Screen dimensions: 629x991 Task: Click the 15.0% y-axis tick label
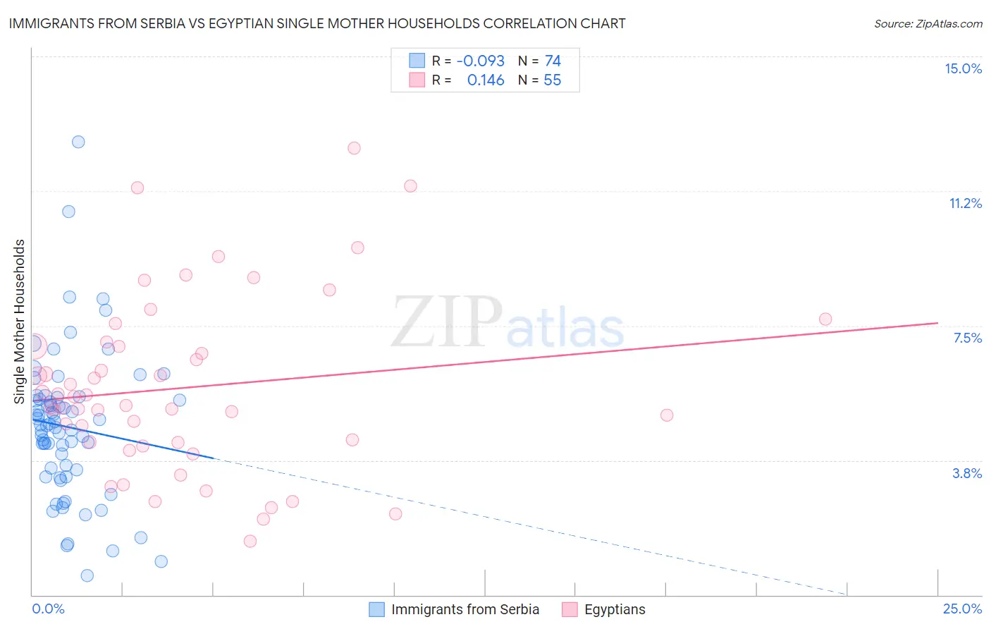963,68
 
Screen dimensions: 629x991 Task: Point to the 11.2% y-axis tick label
965,203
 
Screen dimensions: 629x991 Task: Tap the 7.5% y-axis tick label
967,338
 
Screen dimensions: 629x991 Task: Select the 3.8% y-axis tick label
967,473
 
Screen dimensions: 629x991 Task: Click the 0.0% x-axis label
48,609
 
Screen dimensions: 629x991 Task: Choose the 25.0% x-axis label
962,609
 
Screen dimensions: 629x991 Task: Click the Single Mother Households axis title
20,322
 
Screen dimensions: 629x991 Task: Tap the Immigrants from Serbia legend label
464,609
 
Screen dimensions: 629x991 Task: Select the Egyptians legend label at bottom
615,609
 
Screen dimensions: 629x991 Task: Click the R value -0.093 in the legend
481,61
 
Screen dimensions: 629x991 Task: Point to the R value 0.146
486,80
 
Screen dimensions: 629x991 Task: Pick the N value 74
553,61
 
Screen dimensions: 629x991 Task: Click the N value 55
553,80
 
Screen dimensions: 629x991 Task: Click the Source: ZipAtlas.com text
928,23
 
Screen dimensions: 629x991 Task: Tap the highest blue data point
78,142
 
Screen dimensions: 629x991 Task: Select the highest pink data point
354,148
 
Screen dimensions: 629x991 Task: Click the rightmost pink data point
825,319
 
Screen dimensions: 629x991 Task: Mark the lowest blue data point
87,575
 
